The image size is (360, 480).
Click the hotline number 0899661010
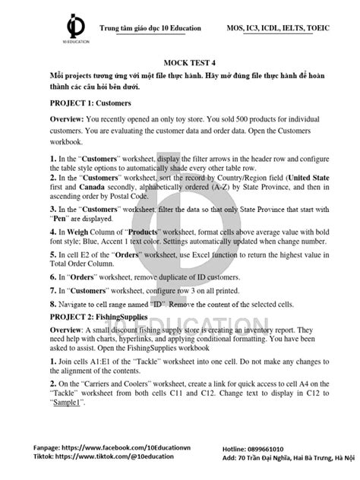(x=288, y=449)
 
